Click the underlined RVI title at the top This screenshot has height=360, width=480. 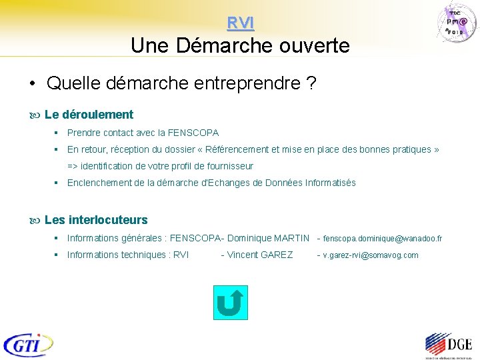coord(240,23)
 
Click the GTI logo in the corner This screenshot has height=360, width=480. coord(28,344)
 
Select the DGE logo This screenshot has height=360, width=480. coord(448,345)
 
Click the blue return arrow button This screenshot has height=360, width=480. coord(229,303)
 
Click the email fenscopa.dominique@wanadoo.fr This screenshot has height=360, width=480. coord(383,238)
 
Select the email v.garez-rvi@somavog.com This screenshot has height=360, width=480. coord(371,255)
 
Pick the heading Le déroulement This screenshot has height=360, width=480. coord(89,115)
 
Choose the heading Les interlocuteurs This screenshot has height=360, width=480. coord(96,220)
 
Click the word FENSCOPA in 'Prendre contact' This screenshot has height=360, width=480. coord(193,133)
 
